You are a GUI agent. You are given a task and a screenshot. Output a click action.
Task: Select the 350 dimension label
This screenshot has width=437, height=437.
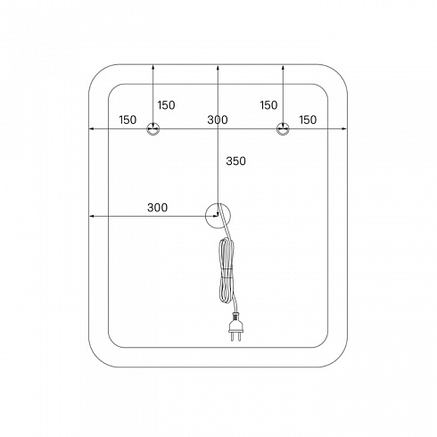click(x=235, y=161)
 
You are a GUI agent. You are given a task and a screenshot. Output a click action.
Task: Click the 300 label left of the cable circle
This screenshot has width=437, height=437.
click(x=157, y=208)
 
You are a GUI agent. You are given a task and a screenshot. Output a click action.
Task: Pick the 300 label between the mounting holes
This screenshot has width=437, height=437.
click(x=218, y=120)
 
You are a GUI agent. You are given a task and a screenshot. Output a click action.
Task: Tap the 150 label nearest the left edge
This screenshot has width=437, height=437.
click(x=128, y=120)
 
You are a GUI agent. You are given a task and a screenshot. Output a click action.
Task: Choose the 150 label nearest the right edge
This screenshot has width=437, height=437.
click(x=308, y=120)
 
